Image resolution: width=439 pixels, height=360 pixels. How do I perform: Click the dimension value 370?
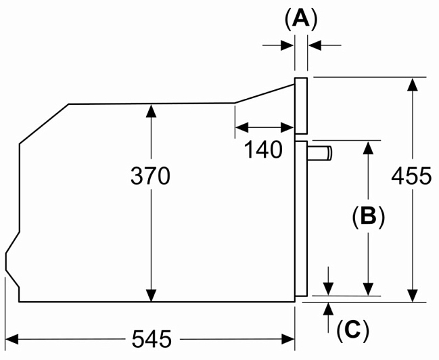coord(150,177)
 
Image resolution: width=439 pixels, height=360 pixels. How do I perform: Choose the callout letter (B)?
coord(368,217)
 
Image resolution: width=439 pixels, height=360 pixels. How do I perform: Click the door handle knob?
coord(321,153)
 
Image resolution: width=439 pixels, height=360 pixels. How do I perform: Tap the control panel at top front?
coord(302,105)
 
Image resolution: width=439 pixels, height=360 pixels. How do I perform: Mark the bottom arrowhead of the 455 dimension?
coord(411,296)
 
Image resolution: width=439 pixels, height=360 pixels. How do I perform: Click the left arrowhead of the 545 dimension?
coord(11,336)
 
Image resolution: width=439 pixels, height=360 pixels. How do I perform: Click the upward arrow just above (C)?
coord(328,309)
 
